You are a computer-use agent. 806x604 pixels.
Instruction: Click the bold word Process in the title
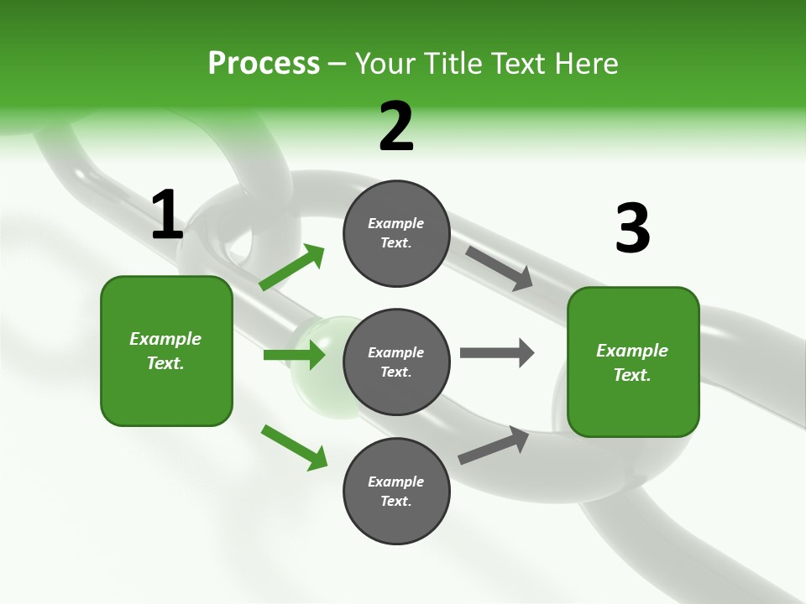264,64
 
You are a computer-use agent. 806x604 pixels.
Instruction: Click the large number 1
167,216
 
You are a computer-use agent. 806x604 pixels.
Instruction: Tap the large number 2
396,127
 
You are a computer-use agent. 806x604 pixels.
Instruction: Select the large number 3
632,229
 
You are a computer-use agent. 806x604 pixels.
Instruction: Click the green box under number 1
166,351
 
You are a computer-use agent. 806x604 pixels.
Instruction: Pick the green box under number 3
633,362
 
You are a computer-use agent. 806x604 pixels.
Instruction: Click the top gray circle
396,233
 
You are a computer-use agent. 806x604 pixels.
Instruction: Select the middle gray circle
396,362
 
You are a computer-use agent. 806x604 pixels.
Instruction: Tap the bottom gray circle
396,491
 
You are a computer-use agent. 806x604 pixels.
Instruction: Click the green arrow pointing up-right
292,268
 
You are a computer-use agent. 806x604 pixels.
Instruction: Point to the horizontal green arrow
294,355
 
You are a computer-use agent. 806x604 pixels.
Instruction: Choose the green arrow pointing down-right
295,447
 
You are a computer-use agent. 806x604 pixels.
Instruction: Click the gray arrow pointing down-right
500,268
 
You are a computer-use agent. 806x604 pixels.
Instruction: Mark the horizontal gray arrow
497,352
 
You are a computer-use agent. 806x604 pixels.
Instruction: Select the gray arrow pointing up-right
494,445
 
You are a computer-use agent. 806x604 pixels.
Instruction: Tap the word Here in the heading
585,64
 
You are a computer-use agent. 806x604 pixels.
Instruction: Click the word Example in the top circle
396,223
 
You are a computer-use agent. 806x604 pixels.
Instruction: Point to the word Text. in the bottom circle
396,501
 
